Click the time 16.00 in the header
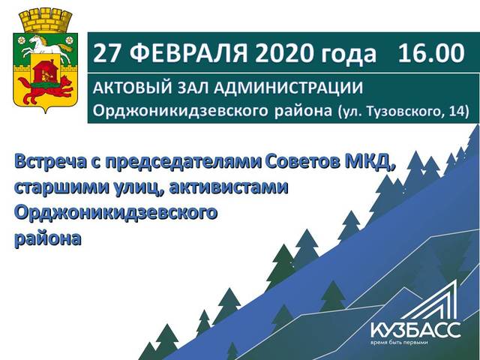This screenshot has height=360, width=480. [431, 53]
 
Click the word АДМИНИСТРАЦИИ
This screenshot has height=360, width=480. [288, 88]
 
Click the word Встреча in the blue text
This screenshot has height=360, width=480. [50, 162]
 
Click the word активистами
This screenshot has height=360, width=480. [228, 187]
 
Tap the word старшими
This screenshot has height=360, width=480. [61, 188]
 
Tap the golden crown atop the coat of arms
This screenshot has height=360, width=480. [46, 20]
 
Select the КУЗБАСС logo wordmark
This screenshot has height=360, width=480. [415, 330]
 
